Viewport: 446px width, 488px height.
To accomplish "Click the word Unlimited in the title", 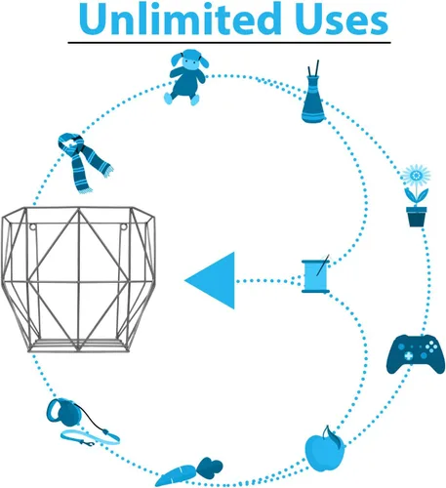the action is coord(180,19).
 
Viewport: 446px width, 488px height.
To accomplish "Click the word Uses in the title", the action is coord(342,20).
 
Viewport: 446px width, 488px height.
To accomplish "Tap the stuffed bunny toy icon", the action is coord(186,77).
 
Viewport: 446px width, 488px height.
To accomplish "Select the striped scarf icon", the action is coord(85,163).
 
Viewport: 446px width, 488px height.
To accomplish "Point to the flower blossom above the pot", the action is coord(416,176).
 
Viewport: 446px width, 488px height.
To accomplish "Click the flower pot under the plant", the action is coord(416,217).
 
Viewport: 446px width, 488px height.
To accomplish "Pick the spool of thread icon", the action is coord(315,276).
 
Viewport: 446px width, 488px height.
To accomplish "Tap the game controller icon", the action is coord(416,353).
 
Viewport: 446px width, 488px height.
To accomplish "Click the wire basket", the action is coord(78,279).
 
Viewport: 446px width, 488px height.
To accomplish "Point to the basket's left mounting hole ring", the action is coord(32,226).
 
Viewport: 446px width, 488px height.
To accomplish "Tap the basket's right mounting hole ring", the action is coord(124,226).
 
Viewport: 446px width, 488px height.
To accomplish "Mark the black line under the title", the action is coord(229,43).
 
